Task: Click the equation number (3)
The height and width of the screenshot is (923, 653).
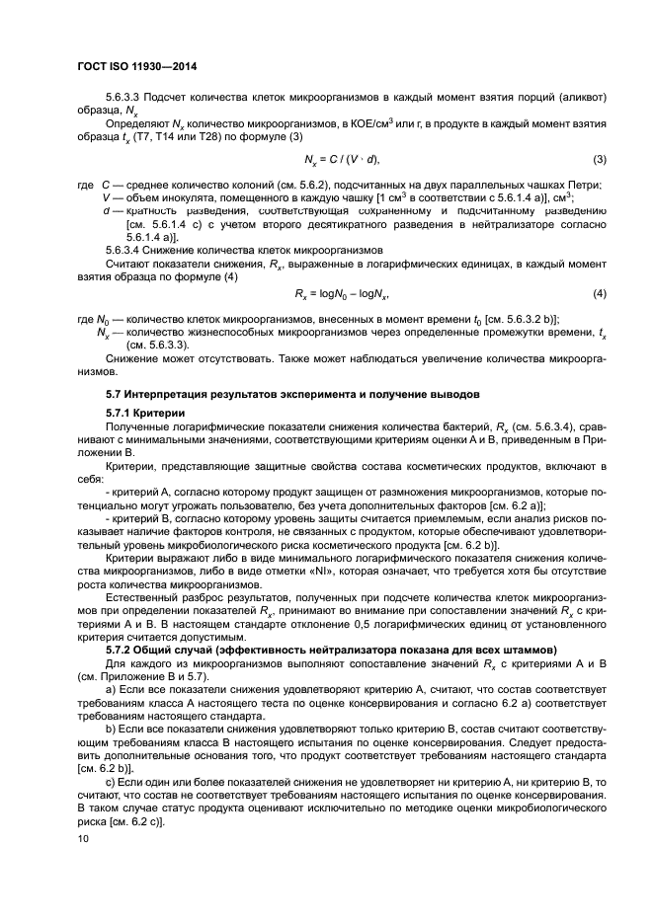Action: coord(599,160)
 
